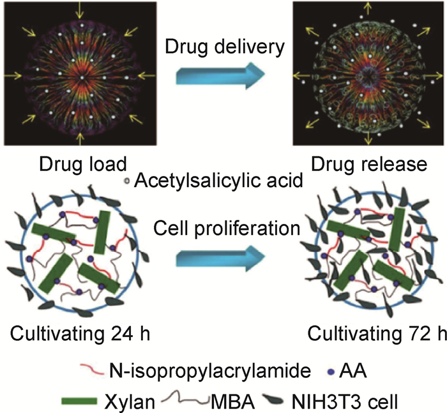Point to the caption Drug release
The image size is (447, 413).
[x=369, y=164]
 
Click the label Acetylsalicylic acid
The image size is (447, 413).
[x=218, y=181]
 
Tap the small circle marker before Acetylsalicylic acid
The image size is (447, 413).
[x=126, y=181]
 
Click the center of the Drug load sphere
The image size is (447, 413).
[x=81, y=76]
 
